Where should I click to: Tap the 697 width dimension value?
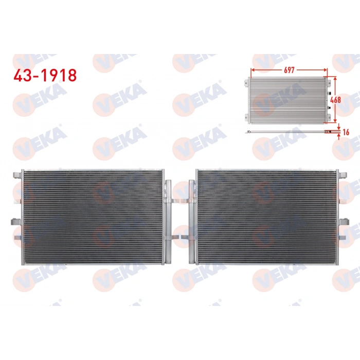coord(289,70)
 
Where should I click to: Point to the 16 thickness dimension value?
coord(346,132)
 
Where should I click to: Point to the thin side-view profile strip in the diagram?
coord(288,133)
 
